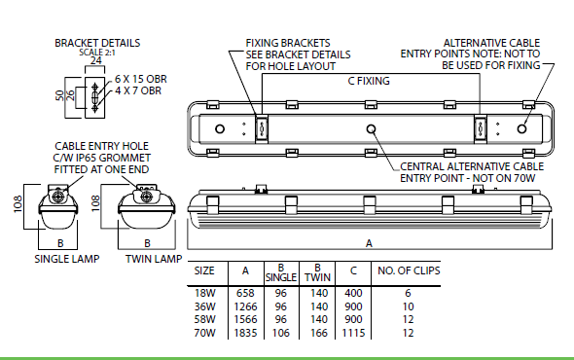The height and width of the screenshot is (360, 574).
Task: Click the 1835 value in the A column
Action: (x=245, y=333)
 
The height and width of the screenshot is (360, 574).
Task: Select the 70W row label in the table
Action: (x=204, y=333)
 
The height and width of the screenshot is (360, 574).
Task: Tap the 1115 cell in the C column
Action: (x=353, y=333)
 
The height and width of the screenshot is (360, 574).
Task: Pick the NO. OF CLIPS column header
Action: (x=409, y=270)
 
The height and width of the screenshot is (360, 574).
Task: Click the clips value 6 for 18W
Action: (x=408, y=293)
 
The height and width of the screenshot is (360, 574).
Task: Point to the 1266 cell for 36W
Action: (x=245, y=306)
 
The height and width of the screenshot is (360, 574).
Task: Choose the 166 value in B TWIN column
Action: (x=319, y=333)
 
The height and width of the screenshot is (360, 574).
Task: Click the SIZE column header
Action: (x=204, y=270)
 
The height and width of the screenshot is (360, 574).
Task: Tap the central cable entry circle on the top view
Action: (x=372, y=128)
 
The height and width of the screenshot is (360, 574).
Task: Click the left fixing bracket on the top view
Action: (x=262, y=128)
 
